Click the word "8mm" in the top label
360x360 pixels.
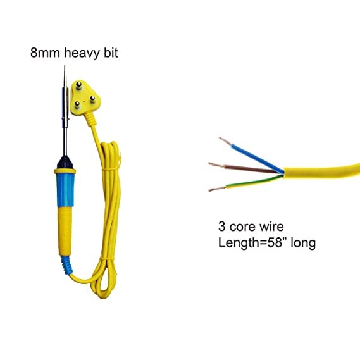pos(45,53)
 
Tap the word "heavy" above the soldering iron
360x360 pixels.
pos(82,53)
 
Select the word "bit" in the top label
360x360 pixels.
pos(111,53)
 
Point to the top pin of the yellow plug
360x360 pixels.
pos(78,85)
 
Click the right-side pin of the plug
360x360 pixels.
pos(92,99)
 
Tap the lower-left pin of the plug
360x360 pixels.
pos(77,105)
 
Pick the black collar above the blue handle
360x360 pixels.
pos(65,163)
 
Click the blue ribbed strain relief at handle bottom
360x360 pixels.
pos(66,266)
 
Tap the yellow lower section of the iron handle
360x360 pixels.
pos(65,231)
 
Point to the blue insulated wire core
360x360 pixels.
pos(257,158)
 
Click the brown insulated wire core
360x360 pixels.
pos(251,169)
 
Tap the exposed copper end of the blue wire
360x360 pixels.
pos(225,141)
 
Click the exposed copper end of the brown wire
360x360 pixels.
pos(216,165)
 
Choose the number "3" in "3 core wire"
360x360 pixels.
pos(222,227)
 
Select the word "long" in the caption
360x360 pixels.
pos(303,244)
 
